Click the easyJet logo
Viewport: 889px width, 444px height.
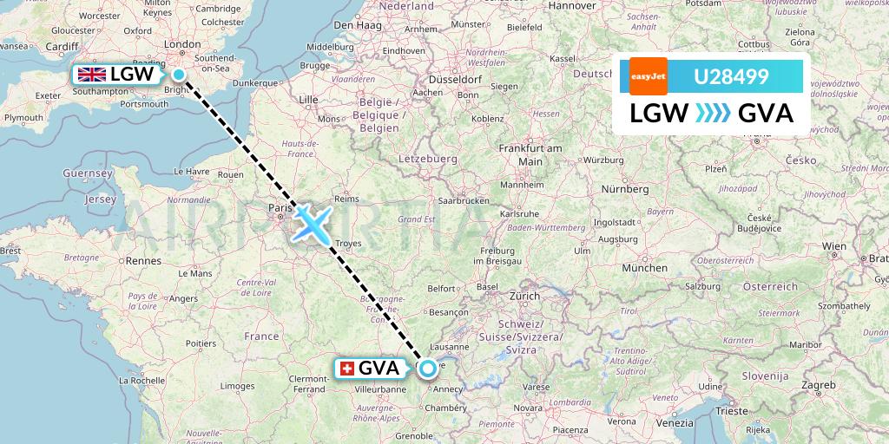click(642, 76)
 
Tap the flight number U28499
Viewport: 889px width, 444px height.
click(730, 77)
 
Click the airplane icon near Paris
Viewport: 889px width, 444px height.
click(310, 222)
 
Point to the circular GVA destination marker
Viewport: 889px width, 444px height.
click(428, 369)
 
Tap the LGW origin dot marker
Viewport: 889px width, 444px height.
click(179, 75)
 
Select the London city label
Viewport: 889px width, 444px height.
click(182, 44)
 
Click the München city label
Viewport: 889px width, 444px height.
click(643, 268)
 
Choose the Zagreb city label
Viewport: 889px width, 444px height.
click(819, 383)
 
